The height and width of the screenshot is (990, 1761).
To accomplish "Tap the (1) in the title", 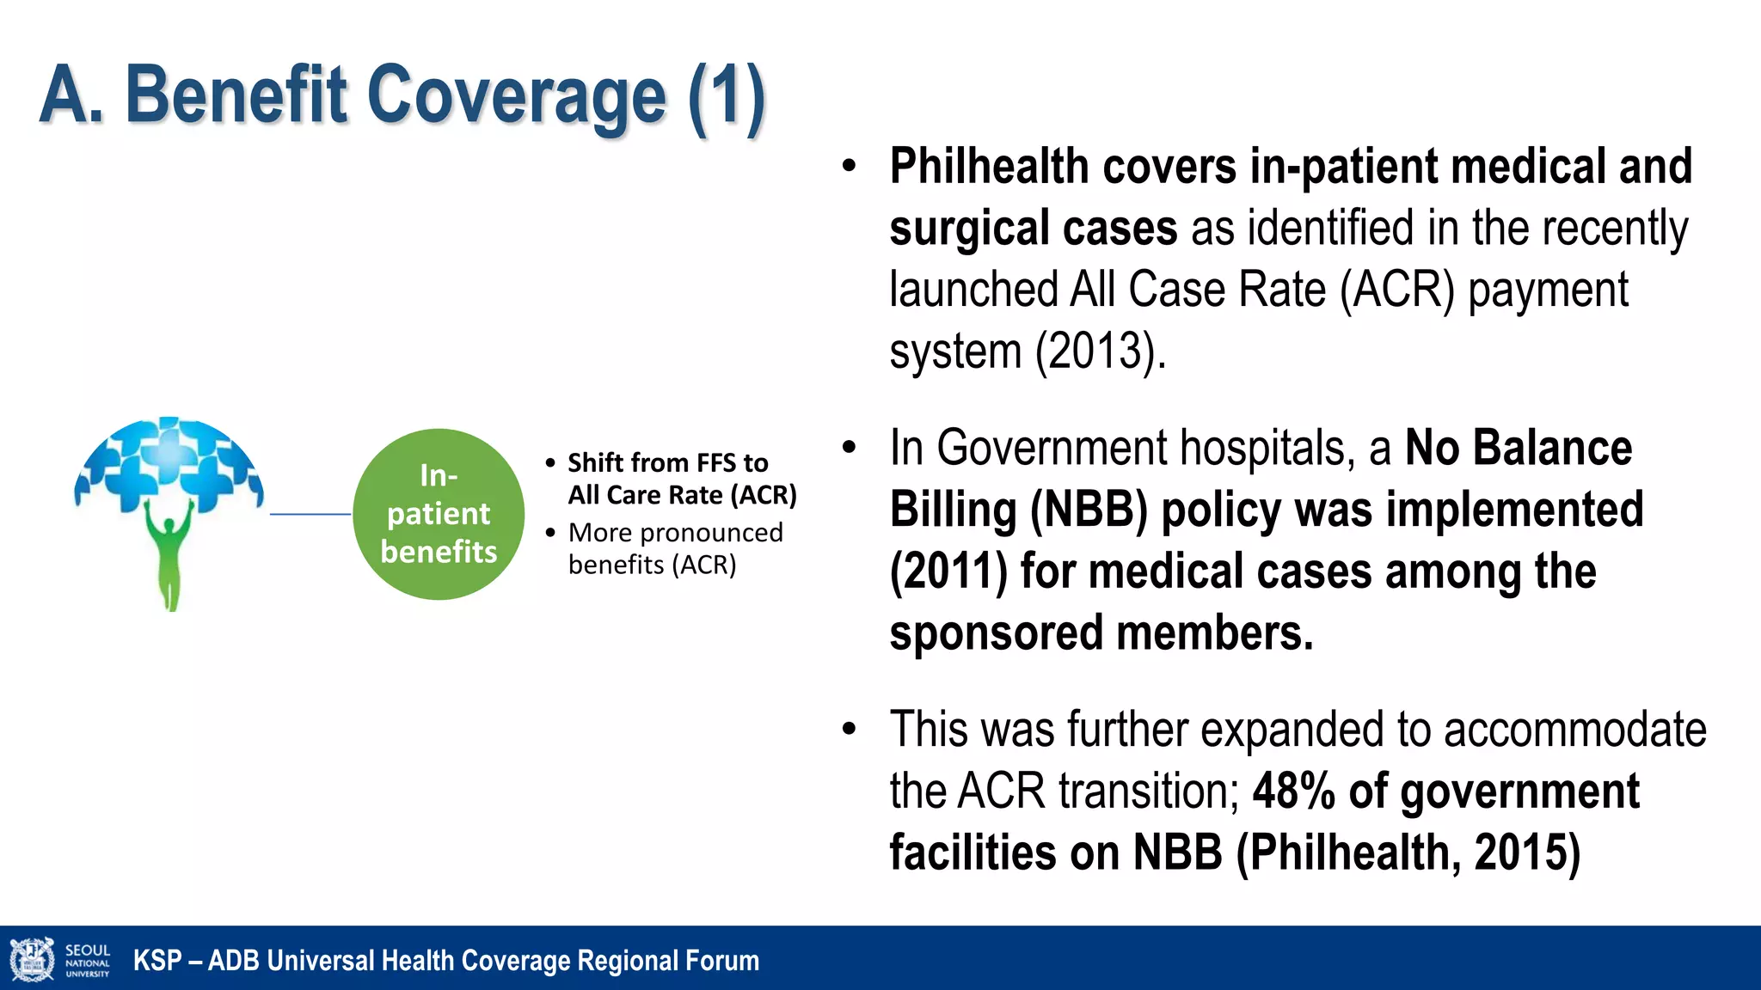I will click(727, 96).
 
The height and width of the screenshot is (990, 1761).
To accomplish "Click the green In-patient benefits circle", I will click(439, 514).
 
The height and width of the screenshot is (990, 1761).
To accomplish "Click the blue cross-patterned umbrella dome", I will click(169, 460).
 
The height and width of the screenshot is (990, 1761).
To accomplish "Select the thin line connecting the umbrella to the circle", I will click(310, 514).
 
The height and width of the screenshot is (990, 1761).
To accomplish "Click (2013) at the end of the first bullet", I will click(1100, 351).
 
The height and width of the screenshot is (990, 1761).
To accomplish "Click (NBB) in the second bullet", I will click(1089, 510).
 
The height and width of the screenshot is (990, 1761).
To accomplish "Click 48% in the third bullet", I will click(1293, 791).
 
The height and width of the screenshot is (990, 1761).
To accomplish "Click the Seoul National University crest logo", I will click(32, 960).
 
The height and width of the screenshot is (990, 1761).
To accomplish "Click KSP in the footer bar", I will click(156, 961).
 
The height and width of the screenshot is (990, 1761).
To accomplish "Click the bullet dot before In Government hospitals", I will click(850, 448).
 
